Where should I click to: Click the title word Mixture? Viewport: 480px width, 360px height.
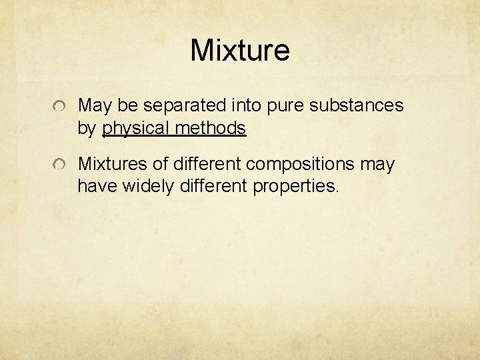[x=240, y=50]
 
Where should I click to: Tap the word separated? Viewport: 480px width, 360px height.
[x=186, y=105]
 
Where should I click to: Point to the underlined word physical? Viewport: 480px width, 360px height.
[x=135, y=127]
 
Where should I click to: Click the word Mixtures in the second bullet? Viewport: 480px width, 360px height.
[x=110, y=163]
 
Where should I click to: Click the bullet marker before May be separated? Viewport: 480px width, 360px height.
[x=61, y=107]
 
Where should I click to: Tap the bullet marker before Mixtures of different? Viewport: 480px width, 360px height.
[x=61, y=165]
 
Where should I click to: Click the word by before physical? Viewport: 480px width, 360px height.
[x=87, y=127]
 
